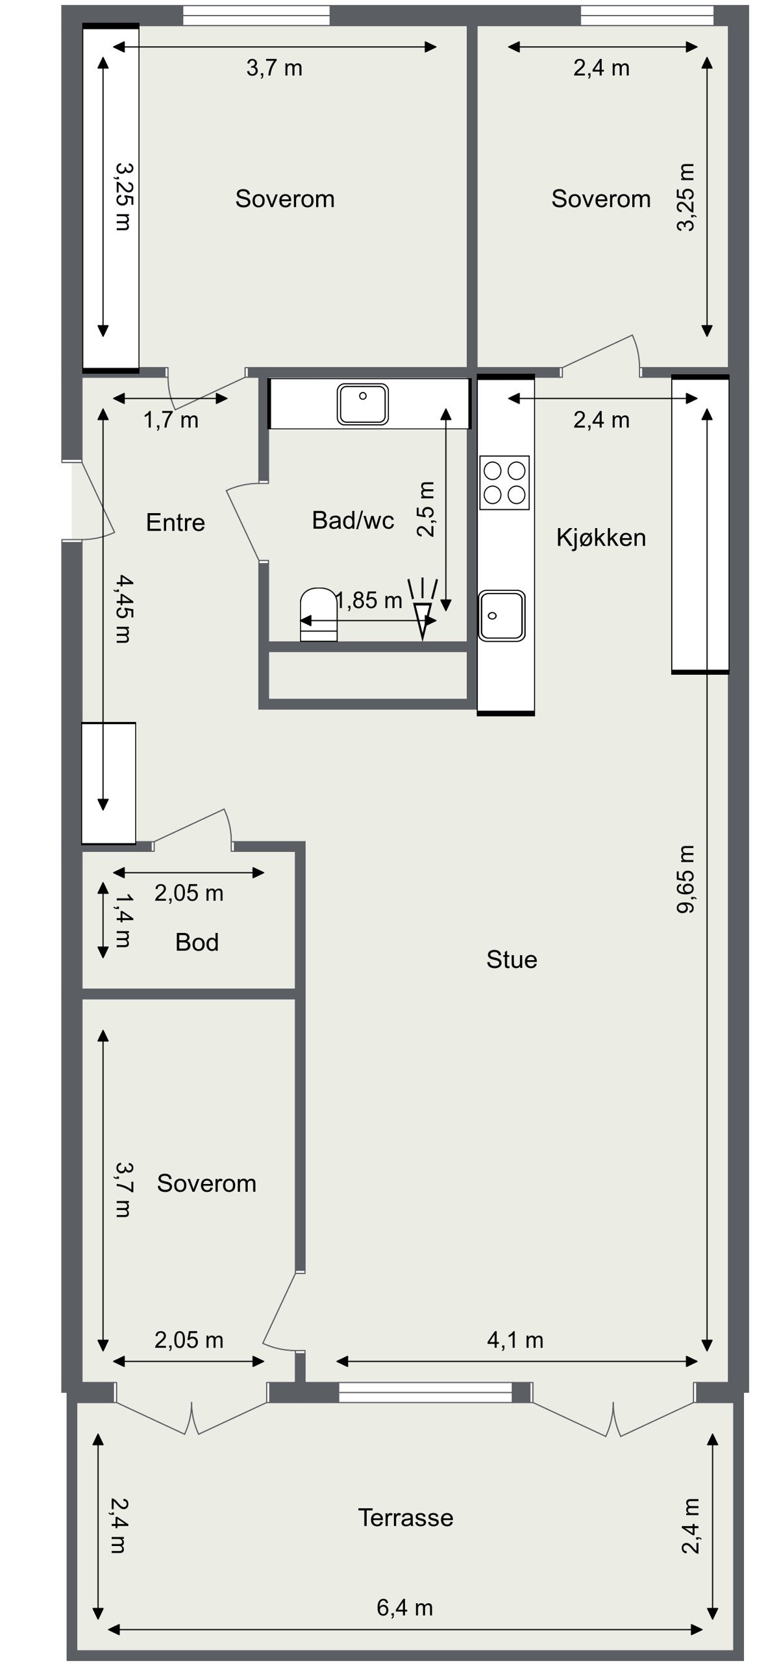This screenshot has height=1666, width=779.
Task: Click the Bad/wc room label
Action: [353, 520]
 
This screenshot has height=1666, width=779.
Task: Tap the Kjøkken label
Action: [601, 538]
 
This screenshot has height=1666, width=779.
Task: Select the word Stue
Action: [512, 960]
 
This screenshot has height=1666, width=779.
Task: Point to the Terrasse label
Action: [406, 1517]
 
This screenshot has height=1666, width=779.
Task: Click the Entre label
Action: [175, 522]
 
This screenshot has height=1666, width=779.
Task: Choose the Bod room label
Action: [197, 942]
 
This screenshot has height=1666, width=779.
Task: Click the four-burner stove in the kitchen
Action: [504, 483]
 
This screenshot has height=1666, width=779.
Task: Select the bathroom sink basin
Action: [362, 404]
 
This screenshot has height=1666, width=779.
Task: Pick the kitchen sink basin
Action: [501, 615]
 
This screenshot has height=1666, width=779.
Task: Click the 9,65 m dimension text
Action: [686, 879]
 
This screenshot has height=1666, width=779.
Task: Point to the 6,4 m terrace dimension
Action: [404, 1608]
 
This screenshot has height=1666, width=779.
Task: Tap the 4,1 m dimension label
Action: [515, 1340]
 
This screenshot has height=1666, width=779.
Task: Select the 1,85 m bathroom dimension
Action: [369, 601]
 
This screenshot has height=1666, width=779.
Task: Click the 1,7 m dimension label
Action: [171, 420]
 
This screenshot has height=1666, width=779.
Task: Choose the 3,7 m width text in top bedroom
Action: [274, 67]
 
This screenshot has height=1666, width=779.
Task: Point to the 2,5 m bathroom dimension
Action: [426, 509]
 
